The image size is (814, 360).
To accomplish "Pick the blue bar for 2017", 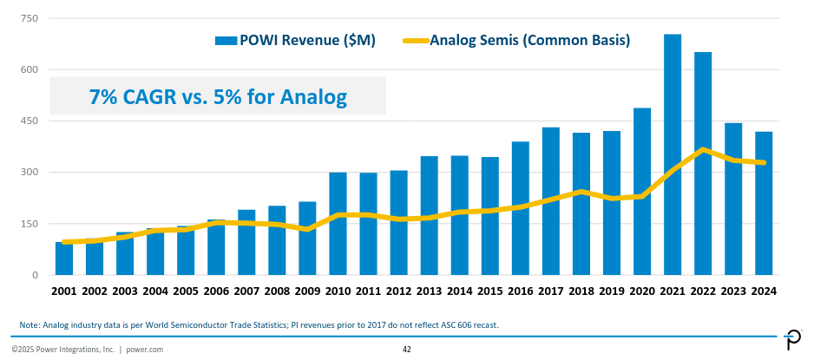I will (551, 200).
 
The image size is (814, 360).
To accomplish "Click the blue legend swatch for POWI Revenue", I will (226, 40).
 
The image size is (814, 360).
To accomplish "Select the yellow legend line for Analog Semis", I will (416, 40).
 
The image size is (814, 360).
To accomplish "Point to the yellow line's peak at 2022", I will (703, 149).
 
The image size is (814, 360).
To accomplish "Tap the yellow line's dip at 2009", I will (307, 229).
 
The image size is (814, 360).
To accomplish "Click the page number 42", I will (407, 350).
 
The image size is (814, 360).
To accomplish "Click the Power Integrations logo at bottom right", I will (793, 341).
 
